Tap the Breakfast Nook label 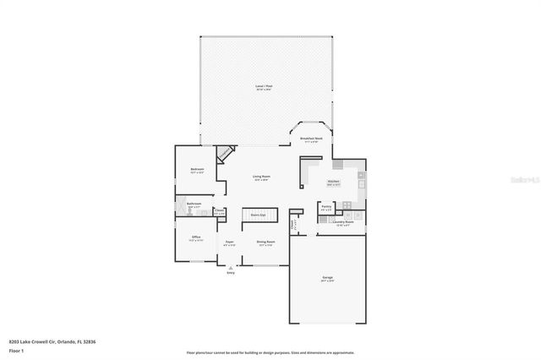pos(312,139)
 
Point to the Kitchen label pos(334,182)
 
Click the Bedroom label pos(197,170)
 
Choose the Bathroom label pos(194,205)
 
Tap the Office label pos(195,237)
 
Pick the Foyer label pos(229,243)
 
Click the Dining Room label pos(265,243)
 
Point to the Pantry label pos(326,206)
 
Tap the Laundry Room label pos(342,223)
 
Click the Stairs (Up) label pos(258,215)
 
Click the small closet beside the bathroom pos(219,212)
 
